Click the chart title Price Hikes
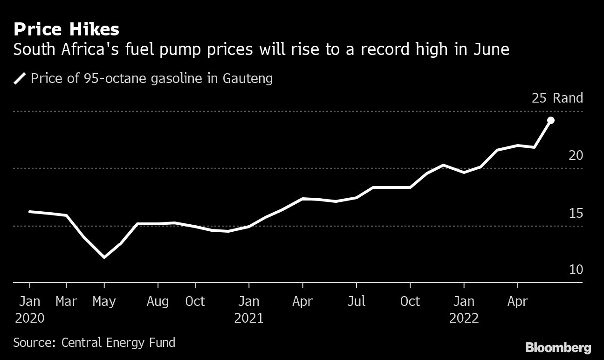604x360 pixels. [66, 30]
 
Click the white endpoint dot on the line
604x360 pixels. [550, 120]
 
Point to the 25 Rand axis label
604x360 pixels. [557, 98]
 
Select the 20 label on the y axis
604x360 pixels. [576, 155]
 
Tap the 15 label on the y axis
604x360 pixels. [576, 213]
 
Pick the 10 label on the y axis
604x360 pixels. [576, 270]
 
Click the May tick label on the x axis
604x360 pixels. [104, 302]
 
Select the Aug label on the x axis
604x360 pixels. [158, 302]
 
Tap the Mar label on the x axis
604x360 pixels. [67, 302]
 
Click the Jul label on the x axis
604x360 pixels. [356, 302]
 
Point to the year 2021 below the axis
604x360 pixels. [249, 318]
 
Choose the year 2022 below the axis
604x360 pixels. [464, 318]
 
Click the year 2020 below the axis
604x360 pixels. [30, 318]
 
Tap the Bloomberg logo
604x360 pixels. [558, 347]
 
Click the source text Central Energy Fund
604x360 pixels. [118, 343]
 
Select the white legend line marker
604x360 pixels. [20, 78]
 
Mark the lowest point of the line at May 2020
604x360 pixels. [104, 257]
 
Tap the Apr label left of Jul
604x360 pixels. [302, 302]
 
